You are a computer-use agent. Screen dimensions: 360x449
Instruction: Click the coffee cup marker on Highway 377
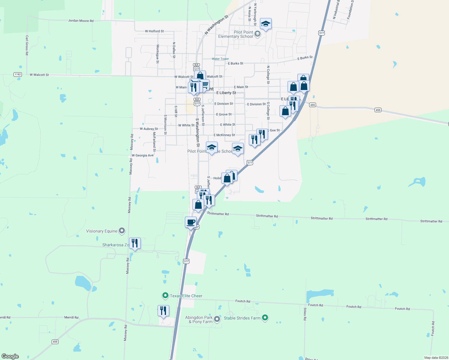click(191, 223)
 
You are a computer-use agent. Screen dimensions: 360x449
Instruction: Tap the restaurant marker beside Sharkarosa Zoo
click(135, 243)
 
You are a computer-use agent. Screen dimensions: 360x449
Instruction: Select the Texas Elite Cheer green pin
click(165, 295)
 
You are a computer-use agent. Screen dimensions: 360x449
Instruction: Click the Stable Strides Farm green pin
click(265, 317)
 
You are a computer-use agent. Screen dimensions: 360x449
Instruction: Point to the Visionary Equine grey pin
click(122, 231)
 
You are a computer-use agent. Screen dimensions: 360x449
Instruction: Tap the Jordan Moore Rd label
click(81, 21)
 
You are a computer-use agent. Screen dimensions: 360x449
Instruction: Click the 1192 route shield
click(18, 74)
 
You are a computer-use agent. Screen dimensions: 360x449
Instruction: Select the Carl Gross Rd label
click(27, 45)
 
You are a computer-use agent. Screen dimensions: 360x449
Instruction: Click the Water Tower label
click(220, 59)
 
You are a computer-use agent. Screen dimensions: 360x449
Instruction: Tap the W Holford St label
click(154, 31)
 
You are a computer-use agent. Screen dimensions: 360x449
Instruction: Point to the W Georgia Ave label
click(143, 155)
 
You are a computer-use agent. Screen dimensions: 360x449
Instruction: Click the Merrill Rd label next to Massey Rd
click(71, 317)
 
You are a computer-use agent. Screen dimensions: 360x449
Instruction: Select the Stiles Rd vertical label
click(305, 314)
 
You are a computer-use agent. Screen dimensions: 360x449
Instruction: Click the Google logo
click(10, 356)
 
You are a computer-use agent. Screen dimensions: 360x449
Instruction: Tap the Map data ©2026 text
click(436, 358)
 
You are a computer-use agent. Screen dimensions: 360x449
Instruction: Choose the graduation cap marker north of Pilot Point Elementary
click(266, 24)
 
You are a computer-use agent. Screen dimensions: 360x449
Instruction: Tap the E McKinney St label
click(224, 135)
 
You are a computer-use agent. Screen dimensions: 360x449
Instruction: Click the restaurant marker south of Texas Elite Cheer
click(163, 311)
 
